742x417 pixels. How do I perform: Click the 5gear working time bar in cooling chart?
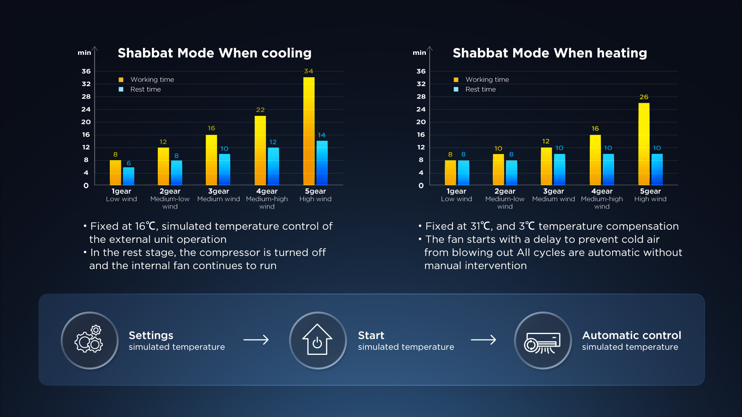coord(309,131)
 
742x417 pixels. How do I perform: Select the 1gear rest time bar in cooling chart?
coord(129,176)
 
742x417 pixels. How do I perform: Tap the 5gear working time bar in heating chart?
coord(644,144)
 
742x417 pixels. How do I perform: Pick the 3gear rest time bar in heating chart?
coord(559,170)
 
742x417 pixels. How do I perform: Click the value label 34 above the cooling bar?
coord(308,71)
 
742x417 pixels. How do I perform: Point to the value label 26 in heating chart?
coord(644,97)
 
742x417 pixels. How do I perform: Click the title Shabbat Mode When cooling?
coord(214,53)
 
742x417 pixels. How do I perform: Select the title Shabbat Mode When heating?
coord(550,53)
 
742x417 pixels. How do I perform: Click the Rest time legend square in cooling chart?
coord(121,89)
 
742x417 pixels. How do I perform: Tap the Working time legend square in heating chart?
coord(456,80)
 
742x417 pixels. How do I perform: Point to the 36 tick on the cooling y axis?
coord(86,71)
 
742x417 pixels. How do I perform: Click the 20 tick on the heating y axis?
coord(421,122)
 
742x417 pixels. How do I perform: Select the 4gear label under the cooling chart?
coord(267,191)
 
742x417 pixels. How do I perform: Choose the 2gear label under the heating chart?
coord(505,191)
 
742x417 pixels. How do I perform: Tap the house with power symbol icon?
coord(317,340)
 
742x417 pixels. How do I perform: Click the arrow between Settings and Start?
coord(256,340)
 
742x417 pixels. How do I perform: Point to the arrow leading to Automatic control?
coord(483,340)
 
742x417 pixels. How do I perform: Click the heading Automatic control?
coord(631,335)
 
